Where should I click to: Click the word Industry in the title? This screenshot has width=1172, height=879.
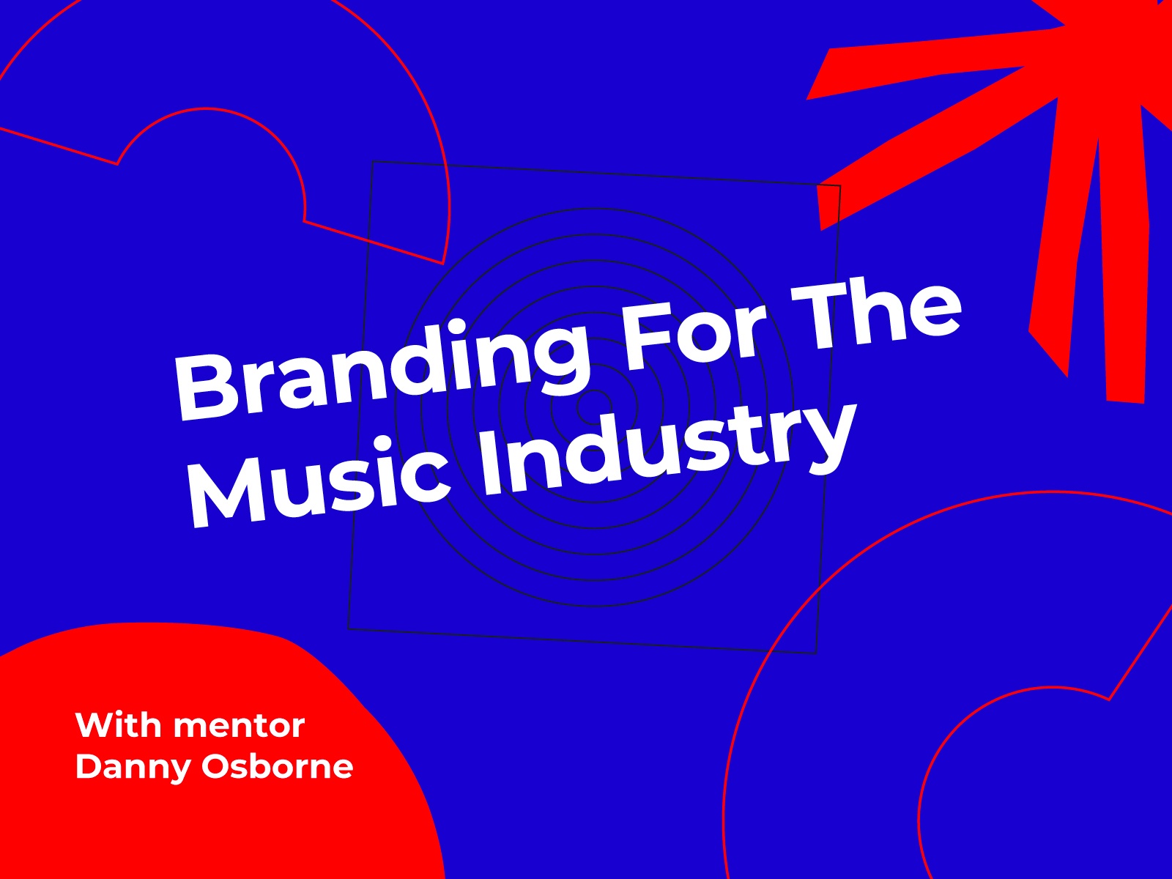coord(664,446)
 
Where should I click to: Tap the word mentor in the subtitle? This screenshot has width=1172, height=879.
coord(240,727)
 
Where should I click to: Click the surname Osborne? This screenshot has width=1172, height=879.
coord(277,766)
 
